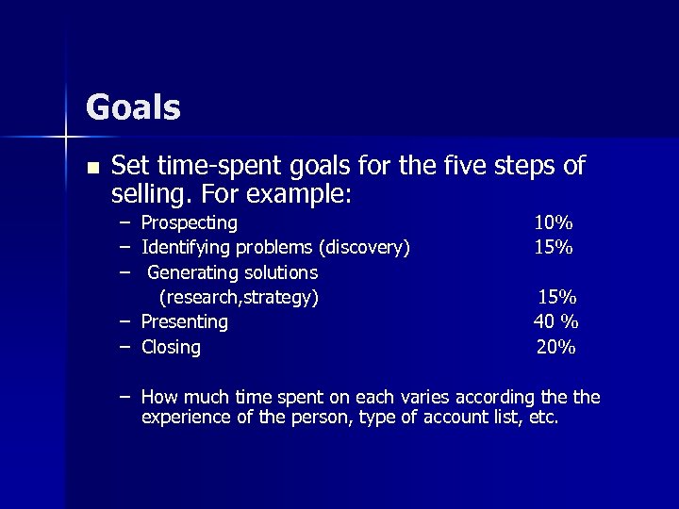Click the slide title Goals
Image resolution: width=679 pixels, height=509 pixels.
tap(133, 107)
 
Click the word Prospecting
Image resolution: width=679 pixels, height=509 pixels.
tap(190, 223)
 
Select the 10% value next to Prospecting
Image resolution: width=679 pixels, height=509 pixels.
tap(554, 223)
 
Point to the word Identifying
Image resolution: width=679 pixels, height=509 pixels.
tap(180, 248)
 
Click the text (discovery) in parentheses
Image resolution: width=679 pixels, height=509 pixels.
tap(365, 248)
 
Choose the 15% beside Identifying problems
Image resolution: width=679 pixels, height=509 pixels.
tap(554, 248)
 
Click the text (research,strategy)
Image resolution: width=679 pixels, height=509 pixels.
tap(239, 298)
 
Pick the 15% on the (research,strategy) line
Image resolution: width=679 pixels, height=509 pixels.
tap(557, 298)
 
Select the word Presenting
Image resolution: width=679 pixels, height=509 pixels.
tap(185, 322)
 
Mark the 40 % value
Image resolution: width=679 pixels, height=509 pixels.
tap(556, 322)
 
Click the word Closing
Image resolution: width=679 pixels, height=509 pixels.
tap(171, 347)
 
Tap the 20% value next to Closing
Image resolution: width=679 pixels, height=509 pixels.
tap(556, 347)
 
